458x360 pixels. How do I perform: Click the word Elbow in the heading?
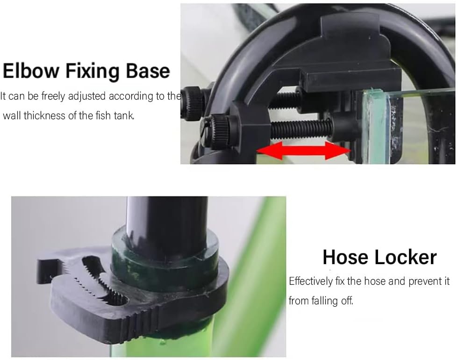click(x=31, y=71)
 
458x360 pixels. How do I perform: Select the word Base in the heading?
click(x=148, y=71)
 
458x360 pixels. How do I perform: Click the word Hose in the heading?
click(x=345, y=257)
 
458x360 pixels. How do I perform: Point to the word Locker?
click(x=406, y=257)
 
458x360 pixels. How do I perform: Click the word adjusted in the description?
click(x=87, y=96)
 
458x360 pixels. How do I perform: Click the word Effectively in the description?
click(x=311, y=281)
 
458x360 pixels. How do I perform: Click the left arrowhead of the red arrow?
click(x=269, y=150)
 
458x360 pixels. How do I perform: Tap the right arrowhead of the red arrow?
click(x=338, y=150)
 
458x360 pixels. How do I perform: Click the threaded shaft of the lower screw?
click(x=301, y=130)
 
